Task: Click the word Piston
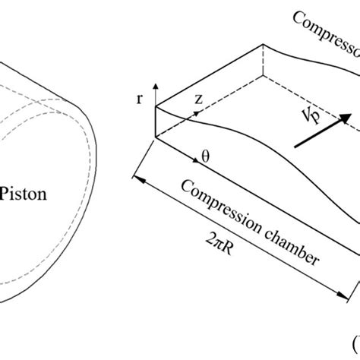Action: pyautogui.click(x=24, y=194)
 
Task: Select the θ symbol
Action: pyautogui.click(x=204, y=158)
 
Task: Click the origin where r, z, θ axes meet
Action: pyautogui.click(x=156, y=138)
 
